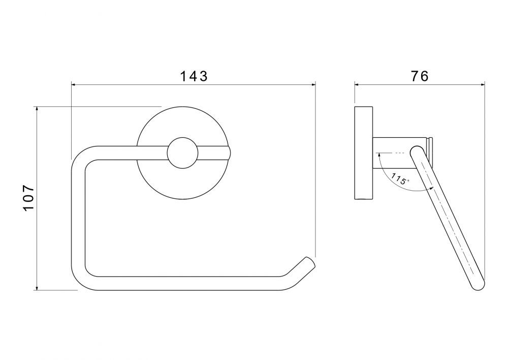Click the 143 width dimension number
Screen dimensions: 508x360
194,77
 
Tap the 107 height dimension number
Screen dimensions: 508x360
28,198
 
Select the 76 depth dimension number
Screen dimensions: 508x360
420,76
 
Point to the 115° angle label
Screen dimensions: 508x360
400,179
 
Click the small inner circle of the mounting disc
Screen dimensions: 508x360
182,153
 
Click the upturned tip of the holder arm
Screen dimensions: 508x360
309,262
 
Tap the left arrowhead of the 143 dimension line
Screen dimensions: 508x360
74,85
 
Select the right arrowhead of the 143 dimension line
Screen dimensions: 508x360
313,85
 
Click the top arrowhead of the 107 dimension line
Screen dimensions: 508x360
37,109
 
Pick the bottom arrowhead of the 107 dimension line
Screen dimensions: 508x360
37,287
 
